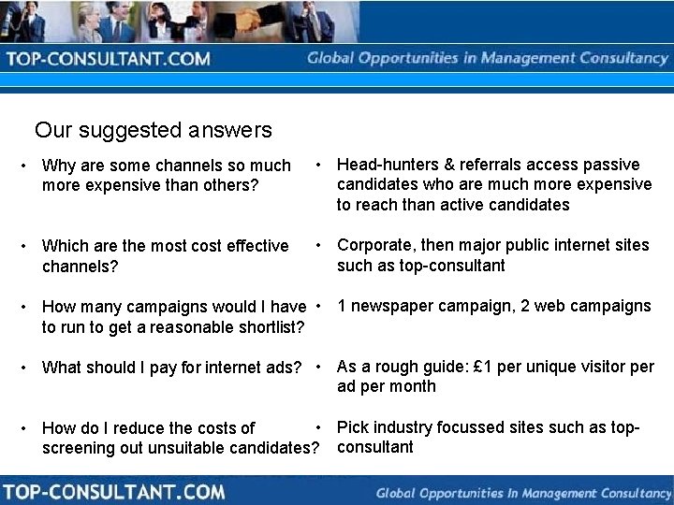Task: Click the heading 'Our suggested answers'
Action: pos(153,130)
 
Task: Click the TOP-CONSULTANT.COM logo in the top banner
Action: pos(109,59)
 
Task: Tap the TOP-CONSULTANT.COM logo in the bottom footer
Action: pos(113,491)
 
